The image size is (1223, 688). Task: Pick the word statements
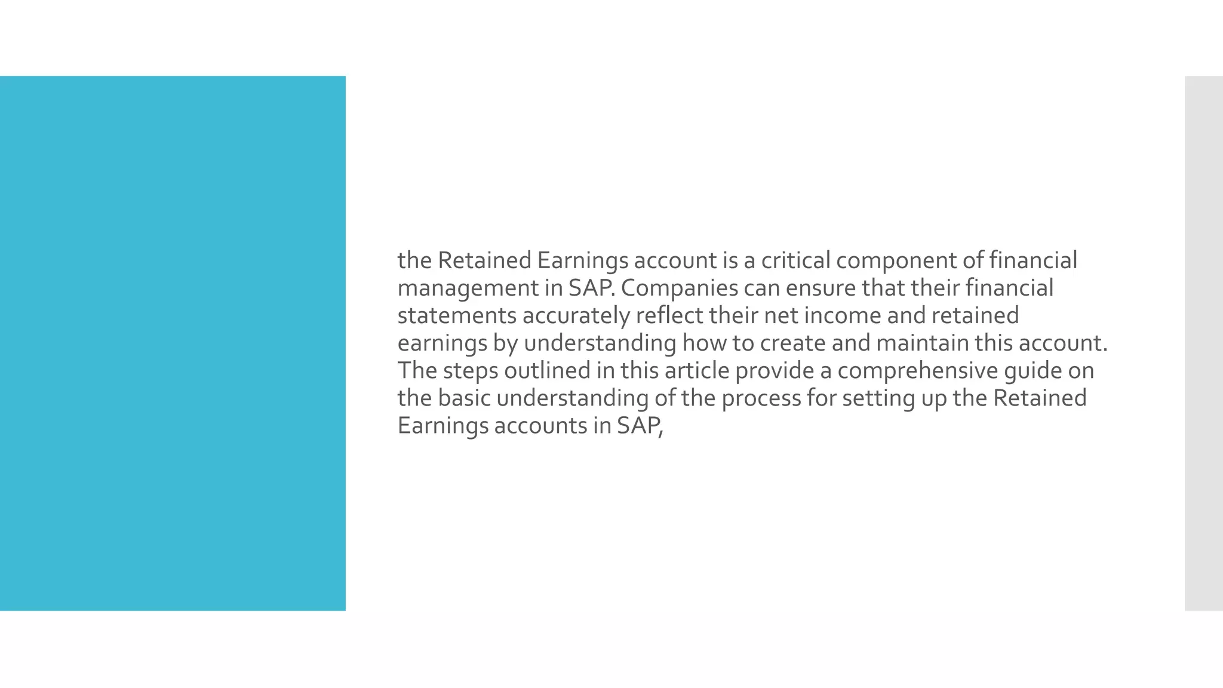[x=457, y=315]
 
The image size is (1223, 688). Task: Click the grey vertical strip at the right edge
[x=1204, y=343]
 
